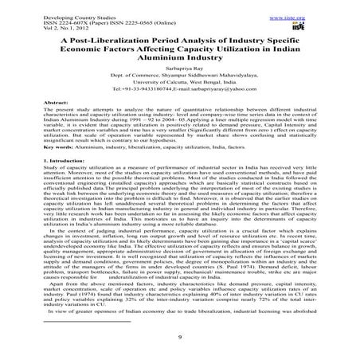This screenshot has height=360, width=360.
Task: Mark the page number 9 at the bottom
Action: tap(180, 348)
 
